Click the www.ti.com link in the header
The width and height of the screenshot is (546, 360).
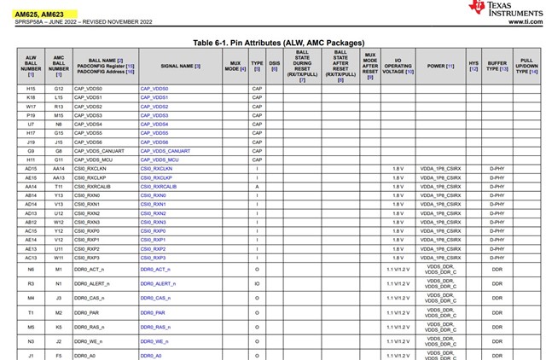tap(524, 22)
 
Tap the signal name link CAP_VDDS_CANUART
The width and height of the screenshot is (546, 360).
tap(167, 151)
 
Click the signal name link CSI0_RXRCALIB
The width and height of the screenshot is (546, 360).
tap(159, 186)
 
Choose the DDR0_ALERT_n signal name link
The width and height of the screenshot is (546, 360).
tap(158, 283)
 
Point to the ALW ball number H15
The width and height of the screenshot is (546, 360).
tap(31, 89)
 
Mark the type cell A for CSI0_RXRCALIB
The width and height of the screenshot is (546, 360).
tap(257, 186)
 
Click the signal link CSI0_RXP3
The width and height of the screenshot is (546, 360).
tap(154, 257)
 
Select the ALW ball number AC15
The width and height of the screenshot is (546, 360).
tap(31, 230)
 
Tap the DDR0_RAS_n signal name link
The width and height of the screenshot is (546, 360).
tap(156, 327)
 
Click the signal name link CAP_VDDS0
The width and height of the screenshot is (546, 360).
tap(154, 89)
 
